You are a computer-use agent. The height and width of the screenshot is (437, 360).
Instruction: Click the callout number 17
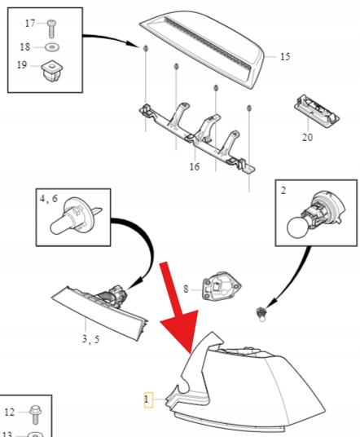[30, 24]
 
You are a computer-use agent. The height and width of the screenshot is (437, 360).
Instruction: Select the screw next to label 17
[52, 29]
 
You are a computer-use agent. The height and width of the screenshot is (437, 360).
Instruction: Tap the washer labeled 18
[52, 47]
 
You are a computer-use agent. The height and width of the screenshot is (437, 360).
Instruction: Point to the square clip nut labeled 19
[52, 71]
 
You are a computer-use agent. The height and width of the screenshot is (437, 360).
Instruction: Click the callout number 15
[285, 56]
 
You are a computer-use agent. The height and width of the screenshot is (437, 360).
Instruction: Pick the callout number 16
[195, 166]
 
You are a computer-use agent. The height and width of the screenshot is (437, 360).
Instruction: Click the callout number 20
[307, 137]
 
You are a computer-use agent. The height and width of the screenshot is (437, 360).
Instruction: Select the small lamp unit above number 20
[317, 111]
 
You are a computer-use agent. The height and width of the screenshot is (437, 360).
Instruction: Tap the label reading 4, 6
[49, 198]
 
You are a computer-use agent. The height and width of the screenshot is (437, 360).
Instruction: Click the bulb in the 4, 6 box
[74, 218]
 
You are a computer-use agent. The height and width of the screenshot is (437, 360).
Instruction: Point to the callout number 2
[283, 190]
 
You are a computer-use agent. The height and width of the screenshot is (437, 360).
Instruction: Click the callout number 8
[186, 289]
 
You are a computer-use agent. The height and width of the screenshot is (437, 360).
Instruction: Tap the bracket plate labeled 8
[222, 286]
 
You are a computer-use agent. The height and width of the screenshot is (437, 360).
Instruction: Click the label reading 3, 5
[90, 339]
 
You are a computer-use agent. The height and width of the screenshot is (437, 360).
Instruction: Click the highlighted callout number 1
[148, 399]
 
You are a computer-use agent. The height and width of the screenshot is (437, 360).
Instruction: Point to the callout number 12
[10, 413]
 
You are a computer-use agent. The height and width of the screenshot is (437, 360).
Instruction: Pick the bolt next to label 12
[35, 415]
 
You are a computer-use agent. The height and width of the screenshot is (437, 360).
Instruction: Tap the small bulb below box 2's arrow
[261, 315]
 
